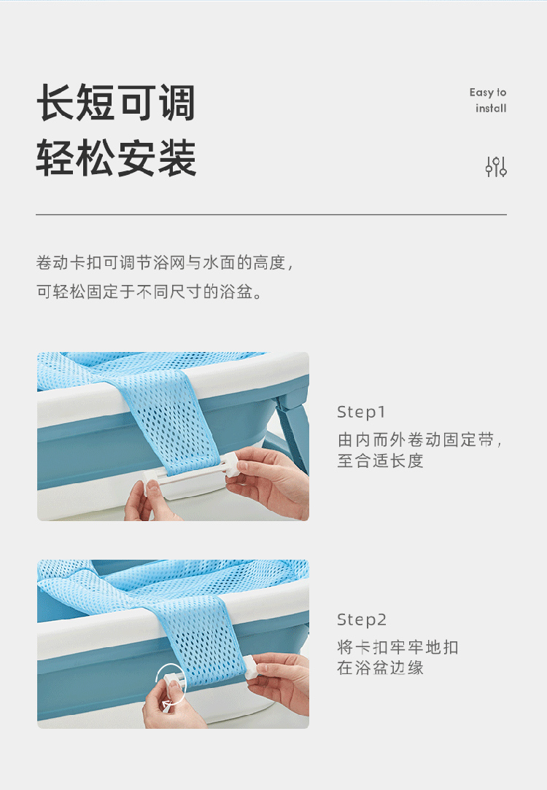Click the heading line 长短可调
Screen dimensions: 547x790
tap(116, 103)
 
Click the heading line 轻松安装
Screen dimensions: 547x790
tap(116, 157)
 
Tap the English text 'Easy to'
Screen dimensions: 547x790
tap(487, 93)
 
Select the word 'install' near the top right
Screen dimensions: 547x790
tap(491, 108)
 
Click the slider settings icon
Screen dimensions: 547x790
tap(496, 167)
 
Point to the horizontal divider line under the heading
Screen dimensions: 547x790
tap(271, 215)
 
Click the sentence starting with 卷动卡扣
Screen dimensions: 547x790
tap(164, 262)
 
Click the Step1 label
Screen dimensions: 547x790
tap(361, 412)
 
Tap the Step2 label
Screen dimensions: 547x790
tap(362, 619)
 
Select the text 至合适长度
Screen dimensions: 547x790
tap(380, 461)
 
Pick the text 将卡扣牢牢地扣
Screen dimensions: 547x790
tap(397, 647)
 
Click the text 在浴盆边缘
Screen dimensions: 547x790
tap(380, 668)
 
